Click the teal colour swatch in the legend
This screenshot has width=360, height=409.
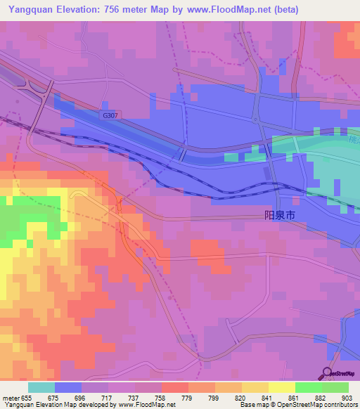click(41, 387)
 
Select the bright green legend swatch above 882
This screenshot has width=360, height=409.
click(308, 387)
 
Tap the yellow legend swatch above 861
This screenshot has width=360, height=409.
click(281, 387)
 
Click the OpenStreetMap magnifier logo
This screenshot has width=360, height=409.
click(327, 373)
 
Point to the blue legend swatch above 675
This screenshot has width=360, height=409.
click(68, 387)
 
